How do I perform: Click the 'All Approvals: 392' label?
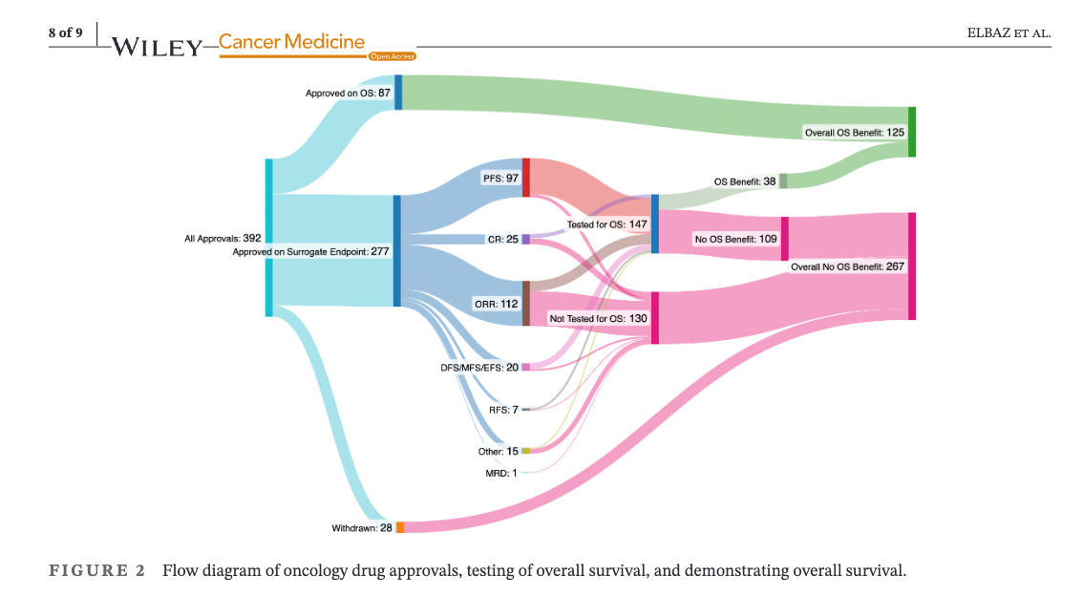pos(223,238)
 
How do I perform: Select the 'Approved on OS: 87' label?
pos(348,93)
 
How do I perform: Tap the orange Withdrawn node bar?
pos(400,527)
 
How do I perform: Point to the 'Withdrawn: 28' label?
pos(362,527)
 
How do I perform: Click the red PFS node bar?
pos(526,178)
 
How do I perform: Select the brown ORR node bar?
pos(526,303)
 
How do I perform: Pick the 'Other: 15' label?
pos(498,451)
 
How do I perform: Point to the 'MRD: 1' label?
pos(501,472)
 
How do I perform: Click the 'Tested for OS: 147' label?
pos(606,224)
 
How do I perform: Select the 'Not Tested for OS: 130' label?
pos(598,317)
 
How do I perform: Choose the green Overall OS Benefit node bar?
pos(911,132)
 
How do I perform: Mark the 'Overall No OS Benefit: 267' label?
pos(847,266)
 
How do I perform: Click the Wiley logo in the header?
pos(158,45)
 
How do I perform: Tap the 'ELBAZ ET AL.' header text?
pos(1009,34)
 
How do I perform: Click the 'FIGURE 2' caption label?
pos(96,571)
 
